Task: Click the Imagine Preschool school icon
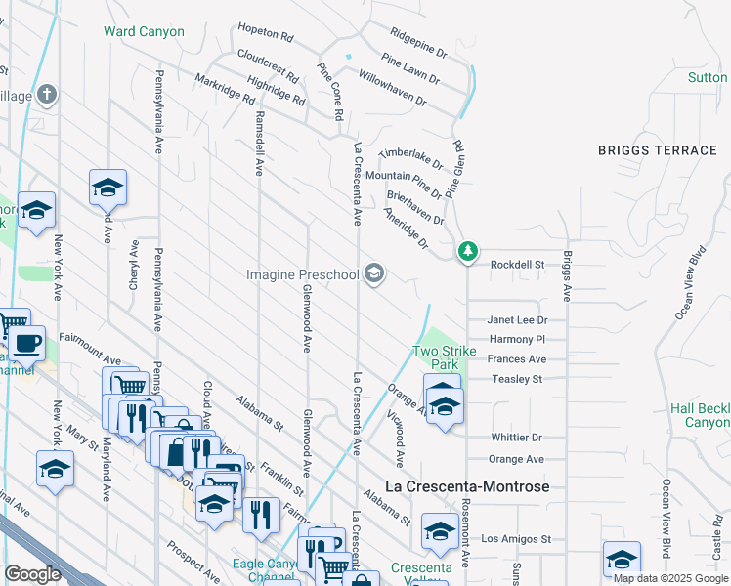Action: (373, 274)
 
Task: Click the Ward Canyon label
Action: (145, 31)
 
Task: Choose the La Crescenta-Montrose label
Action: (468, 486)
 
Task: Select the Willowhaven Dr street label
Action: (392, 87)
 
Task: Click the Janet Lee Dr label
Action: (518, 320)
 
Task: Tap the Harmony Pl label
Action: (517, 340)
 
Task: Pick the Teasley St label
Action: (517, 379)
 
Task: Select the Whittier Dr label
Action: (517, 439)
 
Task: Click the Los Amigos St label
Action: (517, 539)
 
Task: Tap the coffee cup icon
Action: (28, 343)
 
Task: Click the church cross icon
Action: (46, 94)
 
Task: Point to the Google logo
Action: (32, 574)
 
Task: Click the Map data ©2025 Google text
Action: (670, 578)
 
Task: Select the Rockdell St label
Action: (517, 264)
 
